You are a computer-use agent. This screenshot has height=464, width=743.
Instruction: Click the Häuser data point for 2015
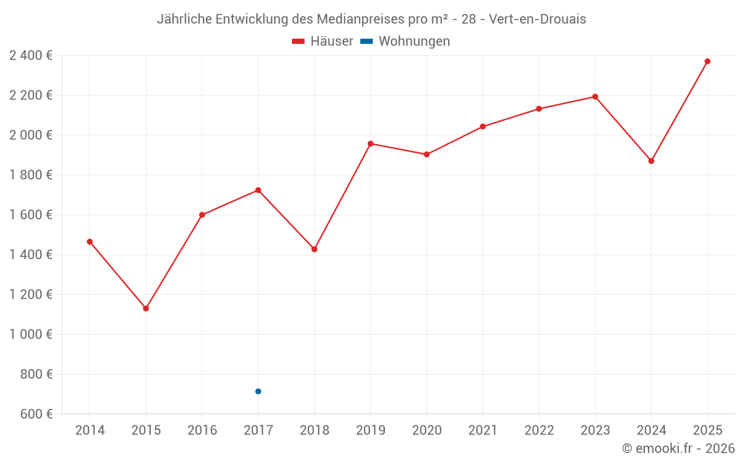pos(146,308)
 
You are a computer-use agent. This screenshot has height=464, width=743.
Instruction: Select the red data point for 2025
pos(707,62)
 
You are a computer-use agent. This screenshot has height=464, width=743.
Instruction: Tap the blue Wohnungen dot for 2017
pos(258,391)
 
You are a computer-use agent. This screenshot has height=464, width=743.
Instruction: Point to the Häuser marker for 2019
pos(371,143)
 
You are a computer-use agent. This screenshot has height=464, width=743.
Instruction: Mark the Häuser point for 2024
pos(651,161)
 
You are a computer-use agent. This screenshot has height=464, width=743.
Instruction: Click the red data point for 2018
pos(314,249)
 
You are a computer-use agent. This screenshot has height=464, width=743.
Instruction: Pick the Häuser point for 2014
pos(90,241)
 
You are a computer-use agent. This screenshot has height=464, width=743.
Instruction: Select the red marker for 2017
pos(258,190)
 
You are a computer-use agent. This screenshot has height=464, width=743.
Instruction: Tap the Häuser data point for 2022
pos(539,109)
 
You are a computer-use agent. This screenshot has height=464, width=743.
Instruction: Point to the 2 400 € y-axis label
pos(30,55)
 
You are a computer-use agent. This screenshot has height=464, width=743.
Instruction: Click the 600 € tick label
pos(35,414)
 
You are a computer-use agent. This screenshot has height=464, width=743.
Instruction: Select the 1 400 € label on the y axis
pos(30,255)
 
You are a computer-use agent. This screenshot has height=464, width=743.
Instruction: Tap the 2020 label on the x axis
pos(426,431)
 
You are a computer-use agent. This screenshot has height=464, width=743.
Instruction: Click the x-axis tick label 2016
pos(202,431)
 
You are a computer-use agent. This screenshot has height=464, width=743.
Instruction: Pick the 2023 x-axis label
pos(595,431)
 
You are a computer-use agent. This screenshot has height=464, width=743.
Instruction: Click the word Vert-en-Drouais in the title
pos(537,19)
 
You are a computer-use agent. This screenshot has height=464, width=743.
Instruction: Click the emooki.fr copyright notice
pos(678,448)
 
